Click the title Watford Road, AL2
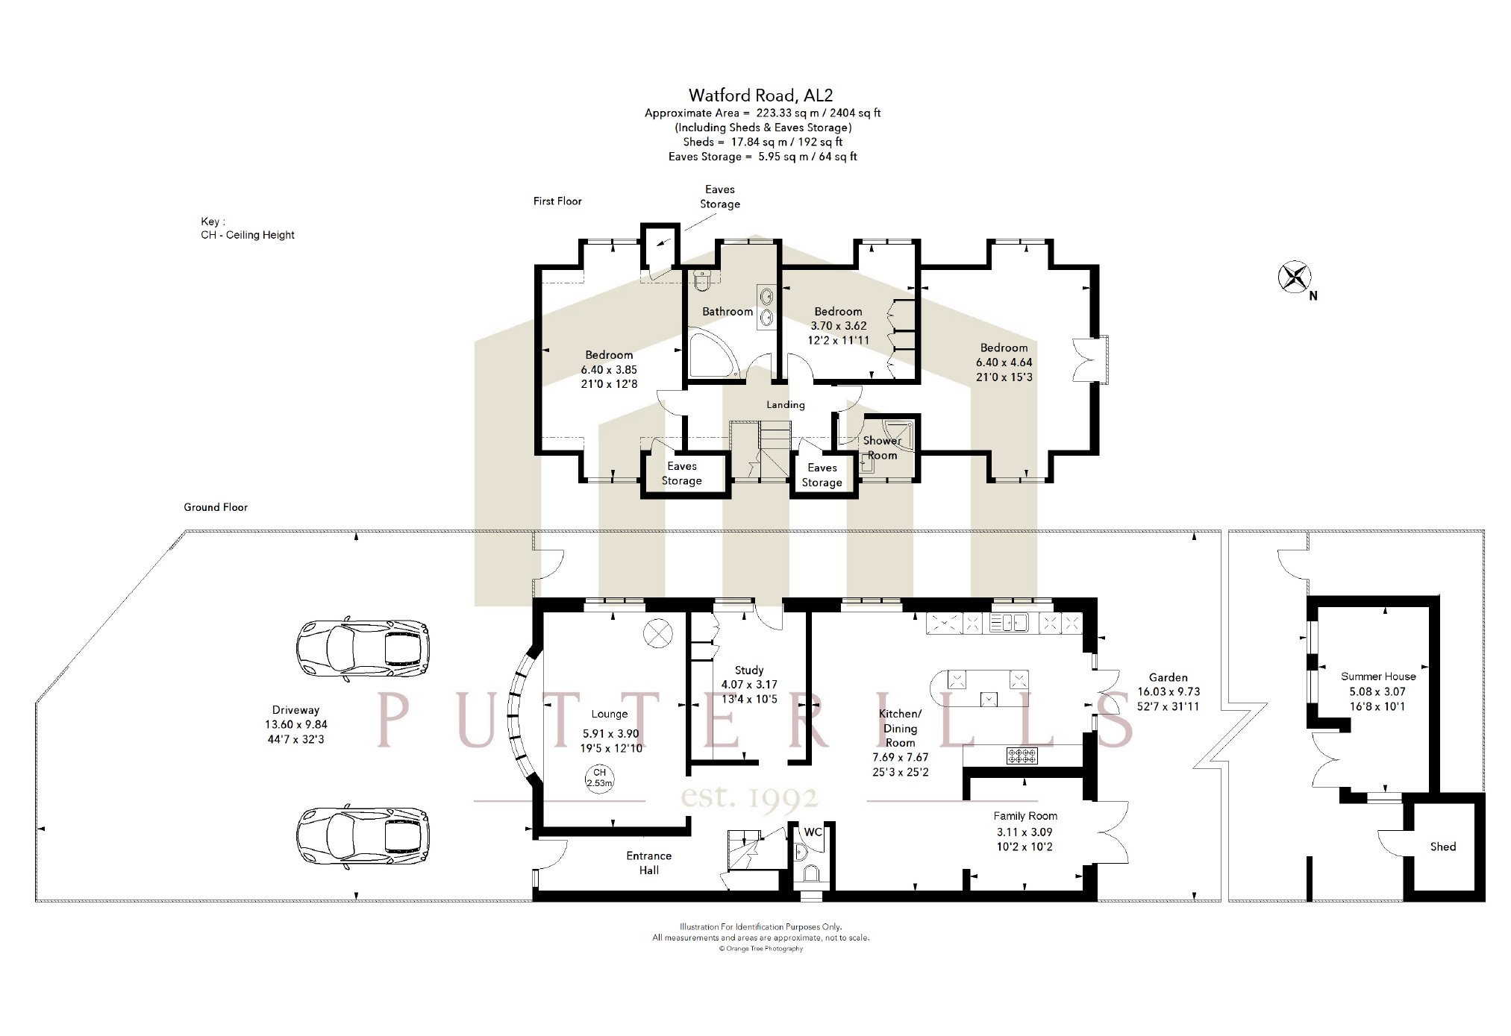tap(760, 95)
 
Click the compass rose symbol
tap(1295, 277)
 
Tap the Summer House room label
tap(1377, 676)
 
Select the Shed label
tap(1442, 847)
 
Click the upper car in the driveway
tap(363, 649)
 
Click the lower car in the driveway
tap(363, 837)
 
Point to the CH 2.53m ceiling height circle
tap(599, 778)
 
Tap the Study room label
tap(748, 670)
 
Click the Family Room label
tap(1024, 816)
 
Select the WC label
tap(813, 832)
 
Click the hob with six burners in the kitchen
tap(1022, 756)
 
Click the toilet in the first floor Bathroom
tap(702, 280)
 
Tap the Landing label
tap(785, 404)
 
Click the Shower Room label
tap(881, 448)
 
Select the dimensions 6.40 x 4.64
tap(1004, 362)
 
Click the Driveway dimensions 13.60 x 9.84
tap(295, 724)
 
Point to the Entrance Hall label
tap(648, 862)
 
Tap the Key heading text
tap(212, 222)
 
